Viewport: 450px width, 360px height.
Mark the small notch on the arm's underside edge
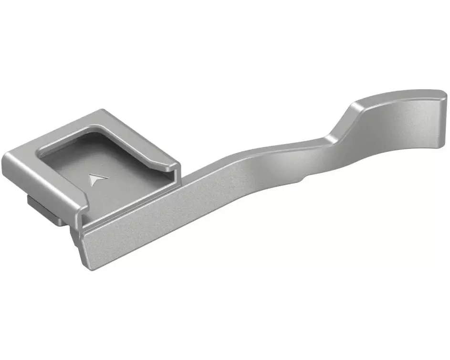pos(304,179)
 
